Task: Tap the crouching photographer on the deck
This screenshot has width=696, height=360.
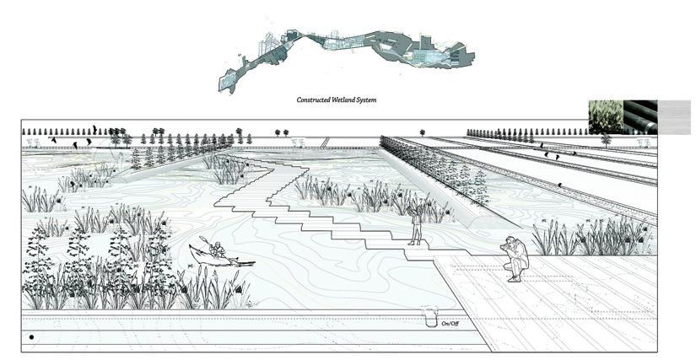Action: pos(515,258)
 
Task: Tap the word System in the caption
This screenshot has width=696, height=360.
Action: pos(367,99)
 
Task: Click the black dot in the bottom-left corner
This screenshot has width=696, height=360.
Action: pos(31,337)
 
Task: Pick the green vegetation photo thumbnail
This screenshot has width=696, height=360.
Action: pos(605,116)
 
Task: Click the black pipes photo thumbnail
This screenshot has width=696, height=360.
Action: pos(639,116)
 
